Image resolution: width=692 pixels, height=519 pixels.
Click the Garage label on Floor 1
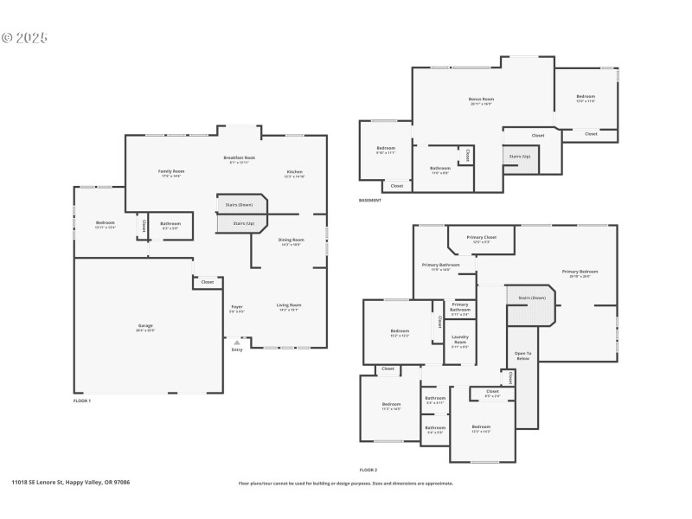click(x=144, y=326)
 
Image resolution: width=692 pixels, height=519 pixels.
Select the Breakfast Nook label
click(x=239, y=158)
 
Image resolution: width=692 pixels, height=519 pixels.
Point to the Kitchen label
click(x=295, y=172)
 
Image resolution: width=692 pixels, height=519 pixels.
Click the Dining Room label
click(x=292, y=240)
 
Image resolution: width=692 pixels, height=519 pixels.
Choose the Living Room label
click(x=289, y=305)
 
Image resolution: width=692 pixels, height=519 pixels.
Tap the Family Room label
click(x=171, y=172)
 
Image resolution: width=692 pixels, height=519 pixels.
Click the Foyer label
click(x=237, y=306)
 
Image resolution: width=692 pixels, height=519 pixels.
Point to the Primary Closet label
click(x=481, y=238)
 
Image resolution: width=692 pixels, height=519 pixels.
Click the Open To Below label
click(x=523, y=355)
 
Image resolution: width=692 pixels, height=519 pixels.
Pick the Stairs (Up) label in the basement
click(x=520, y=157)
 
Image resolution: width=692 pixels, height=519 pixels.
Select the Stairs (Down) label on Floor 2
click(x=532, y=298)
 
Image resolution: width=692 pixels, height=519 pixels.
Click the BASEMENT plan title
click(x=369, y=201)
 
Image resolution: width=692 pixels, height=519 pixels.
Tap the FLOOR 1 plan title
click(x=81, y=400)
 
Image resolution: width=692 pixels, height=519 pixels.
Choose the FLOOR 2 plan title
click(x=368, y=470)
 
